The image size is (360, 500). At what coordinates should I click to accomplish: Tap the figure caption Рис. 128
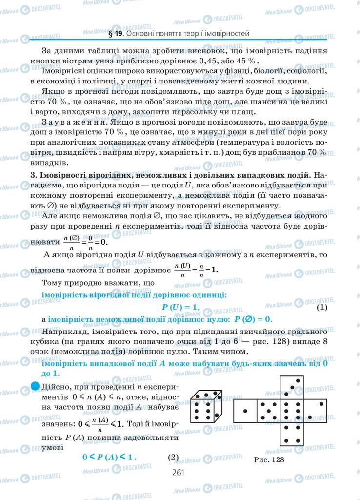pos(269,459)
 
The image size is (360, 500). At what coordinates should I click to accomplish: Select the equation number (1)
pos(321,307)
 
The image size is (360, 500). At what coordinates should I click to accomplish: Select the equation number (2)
pos(174,458)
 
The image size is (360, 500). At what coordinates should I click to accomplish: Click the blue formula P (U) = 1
pos(180,307)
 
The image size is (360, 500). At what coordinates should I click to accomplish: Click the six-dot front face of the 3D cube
pos(201,413)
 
